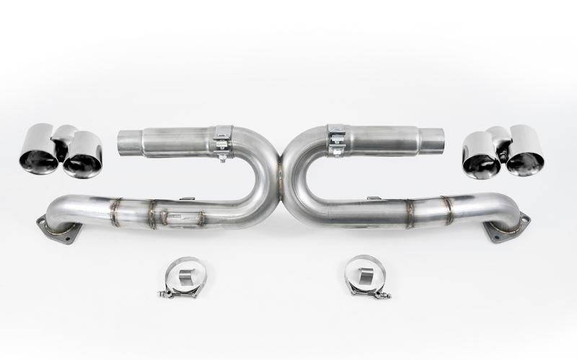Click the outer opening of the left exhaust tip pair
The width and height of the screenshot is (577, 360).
coord(38,154)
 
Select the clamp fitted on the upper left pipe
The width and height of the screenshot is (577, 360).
coord(222,141)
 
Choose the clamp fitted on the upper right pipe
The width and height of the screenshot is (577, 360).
coord(336,140)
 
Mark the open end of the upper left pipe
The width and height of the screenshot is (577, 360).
coord(127,143)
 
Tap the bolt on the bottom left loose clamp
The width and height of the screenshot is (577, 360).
coord(165,293)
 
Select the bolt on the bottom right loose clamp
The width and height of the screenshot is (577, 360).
coord(385,294)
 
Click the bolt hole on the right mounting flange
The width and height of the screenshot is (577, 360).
coord(524,219)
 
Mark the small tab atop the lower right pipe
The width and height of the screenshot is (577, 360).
coord(374,198)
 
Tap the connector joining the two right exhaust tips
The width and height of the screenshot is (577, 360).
coord(498,136)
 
